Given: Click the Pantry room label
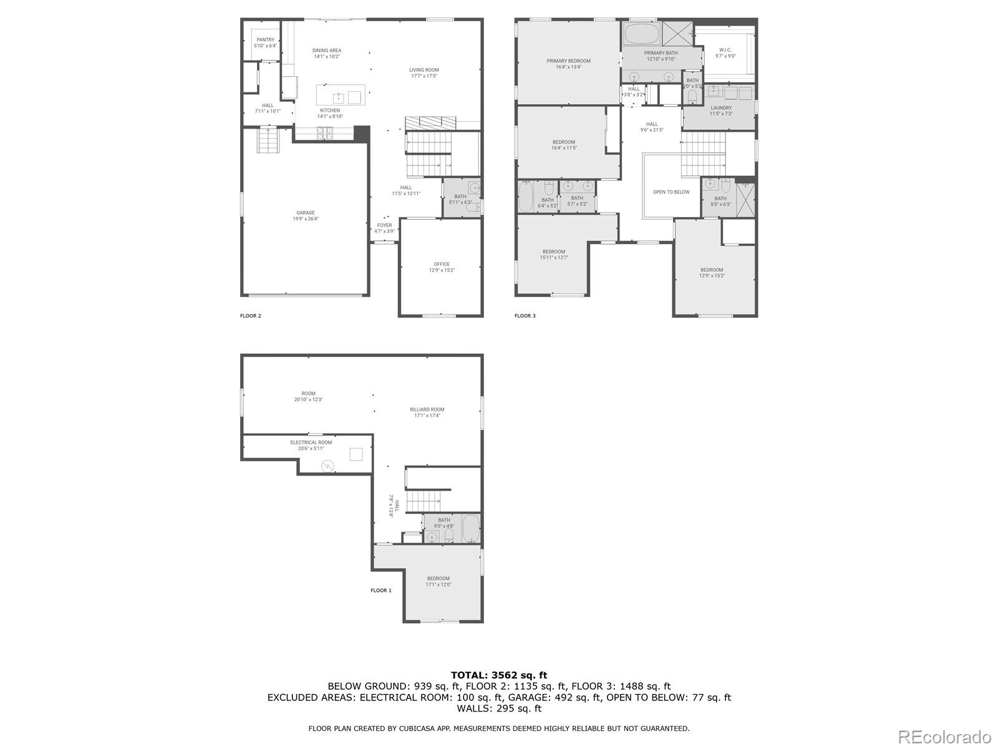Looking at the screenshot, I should pyautogui.click(x=265, y=42).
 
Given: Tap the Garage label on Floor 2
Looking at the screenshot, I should pyautogui.click(x=306, y=215).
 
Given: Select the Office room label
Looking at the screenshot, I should pyautogui.click(x=442, y=267).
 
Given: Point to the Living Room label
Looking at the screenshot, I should pyautogui.click(x=424, y=72).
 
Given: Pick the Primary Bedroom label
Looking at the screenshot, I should pyautogui.click(x=568, y=64).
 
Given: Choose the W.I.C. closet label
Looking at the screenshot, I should pyautogui.click(x=725, y=52).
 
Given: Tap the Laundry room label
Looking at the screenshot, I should pyautogui.click(x=721, y=110).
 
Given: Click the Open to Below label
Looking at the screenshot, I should pyautogui.click(x=671, y=192).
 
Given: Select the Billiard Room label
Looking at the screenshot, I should pyautogui.click(x=427, y=412).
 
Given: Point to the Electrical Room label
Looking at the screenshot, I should pyautogui.click(x=311, y=445).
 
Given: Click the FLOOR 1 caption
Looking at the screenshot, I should pyautogui.click(x=381, y=590).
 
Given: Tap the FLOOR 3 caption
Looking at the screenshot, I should pyautogui.click(x=525, y=316).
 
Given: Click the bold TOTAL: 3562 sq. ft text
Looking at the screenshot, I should pyautogui.click(x=498, y=675).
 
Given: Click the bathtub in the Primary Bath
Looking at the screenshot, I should pyautogui.click(x=641, y=34).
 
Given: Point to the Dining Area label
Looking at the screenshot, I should pyautogui.click(x=327, y=53).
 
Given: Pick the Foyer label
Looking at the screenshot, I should pyautogui.click(x=384, y=228).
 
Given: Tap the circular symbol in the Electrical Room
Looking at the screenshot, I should pyautogui.click(x=328, y=466).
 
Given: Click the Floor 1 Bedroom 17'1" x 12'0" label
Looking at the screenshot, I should pyautogui.click(x=438, y=581).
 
